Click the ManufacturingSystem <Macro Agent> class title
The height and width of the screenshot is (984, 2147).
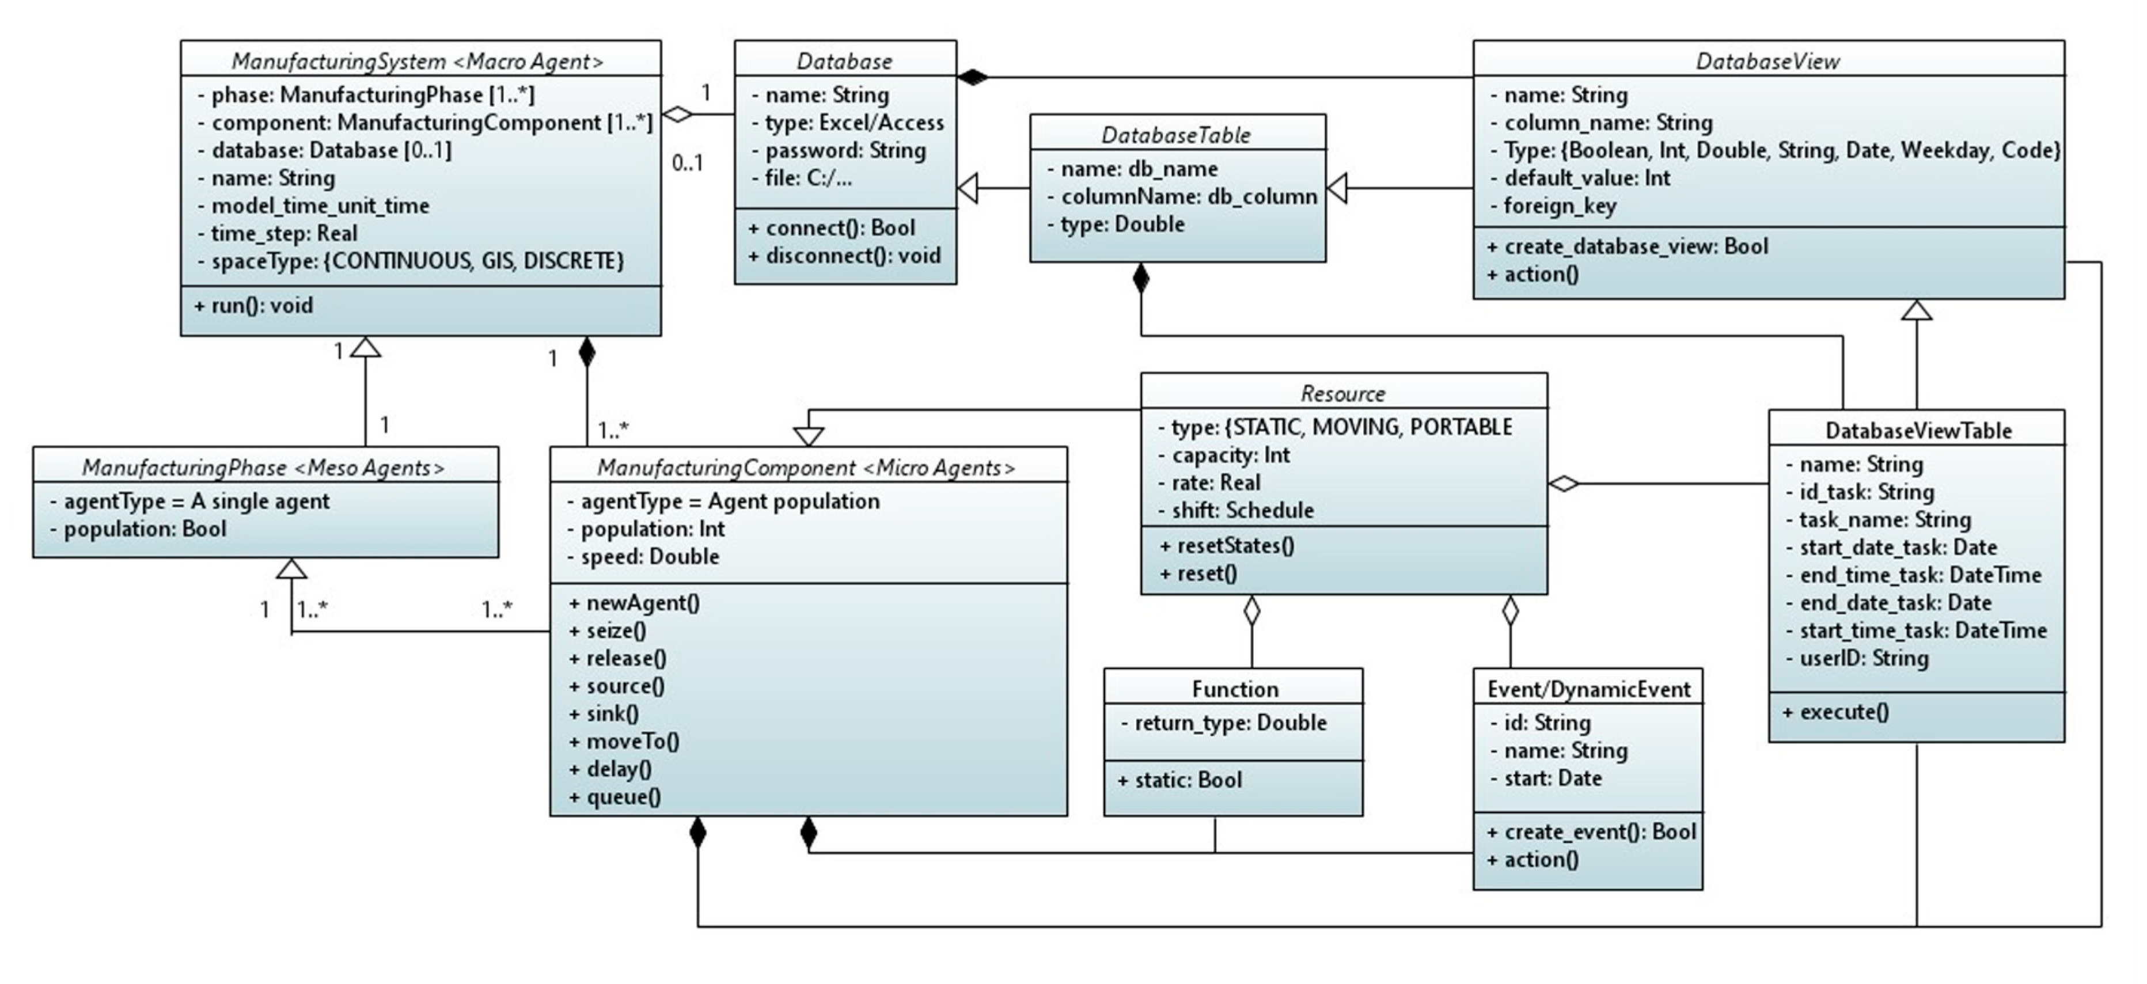point(418,61)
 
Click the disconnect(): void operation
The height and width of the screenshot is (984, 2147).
point(844,255)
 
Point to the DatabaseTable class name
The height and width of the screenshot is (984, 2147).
point(1176,134)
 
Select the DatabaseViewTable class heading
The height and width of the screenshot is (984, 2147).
point(1918,430)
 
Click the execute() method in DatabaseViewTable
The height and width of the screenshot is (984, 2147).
point(1837,712)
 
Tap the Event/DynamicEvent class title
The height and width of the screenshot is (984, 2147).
point(1588,689)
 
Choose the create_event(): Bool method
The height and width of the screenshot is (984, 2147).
point(1591,831)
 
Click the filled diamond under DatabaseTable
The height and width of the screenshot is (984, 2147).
point(1140,278)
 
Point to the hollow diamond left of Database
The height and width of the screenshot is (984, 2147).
point(678,114)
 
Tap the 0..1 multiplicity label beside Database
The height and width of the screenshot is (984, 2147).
point(688,162)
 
